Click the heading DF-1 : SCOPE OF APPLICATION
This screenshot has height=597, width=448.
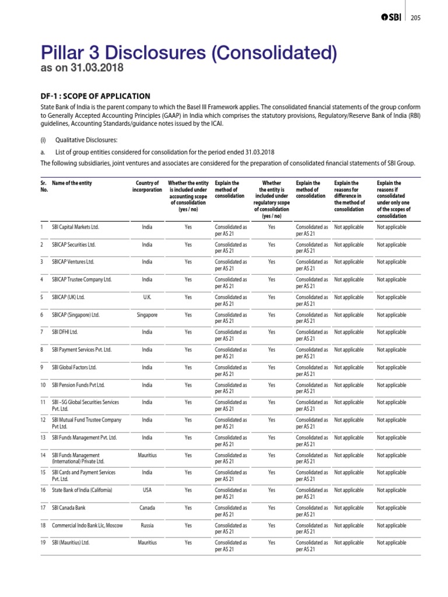[96, 96]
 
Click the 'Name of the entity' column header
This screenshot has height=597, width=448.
[72, 183]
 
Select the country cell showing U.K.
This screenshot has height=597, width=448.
[147, 297]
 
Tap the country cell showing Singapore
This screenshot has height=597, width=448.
[147, 315]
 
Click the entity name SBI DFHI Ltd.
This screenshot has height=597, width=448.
[65, 332]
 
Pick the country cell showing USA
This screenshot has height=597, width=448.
[147, 490]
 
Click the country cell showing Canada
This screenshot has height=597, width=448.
[147, 508]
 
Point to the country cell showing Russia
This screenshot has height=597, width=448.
[147, 525]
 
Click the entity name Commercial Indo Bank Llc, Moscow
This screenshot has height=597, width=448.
[87, 525]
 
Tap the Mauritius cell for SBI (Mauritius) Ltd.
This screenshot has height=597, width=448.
[147, 543]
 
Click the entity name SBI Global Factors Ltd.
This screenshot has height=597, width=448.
[74, 367]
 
